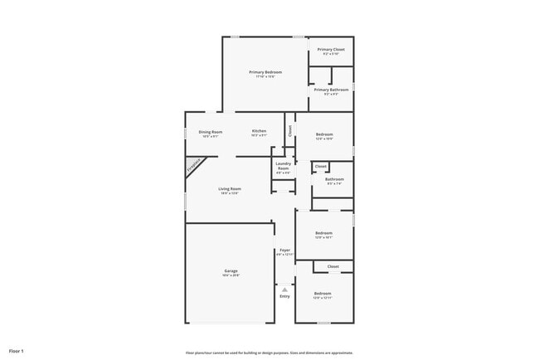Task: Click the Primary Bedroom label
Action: pyautogui.click(x=266, y=73)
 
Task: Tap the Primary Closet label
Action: pyautogui.click(x=331, y=50)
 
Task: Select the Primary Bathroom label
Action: pyautogui.click(x=331, y=90)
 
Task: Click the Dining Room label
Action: pyautogui.click(x=211, y=132)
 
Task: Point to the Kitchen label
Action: pyautogui.click(x=259, y=132)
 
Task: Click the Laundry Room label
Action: pyautogui.click(x=283, y=166)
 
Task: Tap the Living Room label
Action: pyautogui.click(x=230, y=189)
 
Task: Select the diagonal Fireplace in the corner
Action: pyautogui.click(x=193, y=166)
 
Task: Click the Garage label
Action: pyautogui.click(x=231, y=271)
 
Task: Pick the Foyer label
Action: pyautogui.click(x=284, y=250)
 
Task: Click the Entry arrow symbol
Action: pyautogui.click(x=284, y=289)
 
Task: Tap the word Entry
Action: pyautogui.click(x=284, y=296)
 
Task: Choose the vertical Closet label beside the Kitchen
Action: pyautogui.click(x=289, y=130)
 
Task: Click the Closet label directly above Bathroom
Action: pyautogui.click(x=320, y=167)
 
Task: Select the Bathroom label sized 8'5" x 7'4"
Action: pyautogui.click(x=334, y=179)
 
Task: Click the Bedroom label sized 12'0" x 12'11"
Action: pyautogui.click(x=323, y=294)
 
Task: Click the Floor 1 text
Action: pyautogui.click(x=17, y=351)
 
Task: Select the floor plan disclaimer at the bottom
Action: pyautogui.click(x=269, y=352)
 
